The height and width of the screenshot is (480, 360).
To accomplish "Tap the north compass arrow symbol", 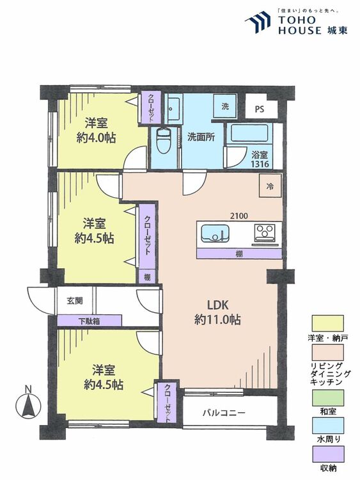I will click(x=27, y=404).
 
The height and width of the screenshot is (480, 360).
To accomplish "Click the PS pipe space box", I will click(x=258, y=109).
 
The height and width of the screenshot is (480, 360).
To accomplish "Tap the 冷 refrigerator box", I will click(x=269, y=187).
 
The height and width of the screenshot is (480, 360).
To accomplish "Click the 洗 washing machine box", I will click(x=225, y=106).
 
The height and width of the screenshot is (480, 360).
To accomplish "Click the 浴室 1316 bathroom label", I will click(x=260, y=159).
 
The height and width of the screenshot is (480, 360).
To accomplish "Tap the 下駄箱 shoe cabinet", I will click(x=89, y=321).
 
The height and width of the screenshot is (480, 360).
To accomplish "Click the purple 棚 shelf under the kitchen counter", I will click(x=239, y=254).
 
